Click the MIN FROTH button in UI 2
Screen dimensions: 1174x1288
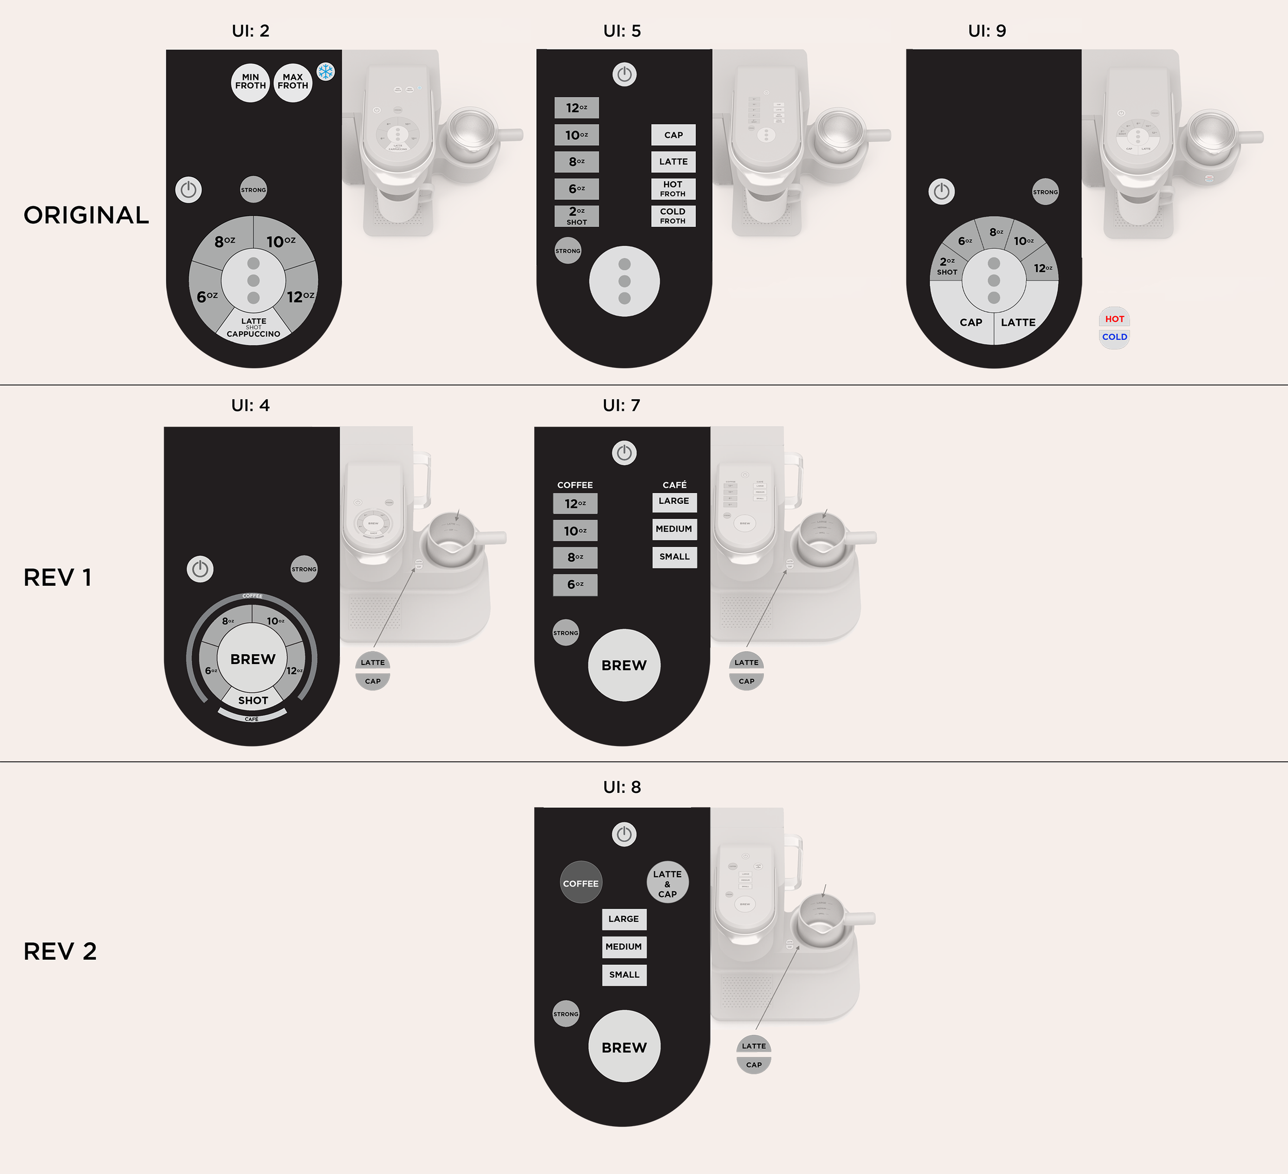click(250, 82)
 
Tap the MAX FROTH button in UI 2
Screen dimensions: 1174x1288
click(293, 82)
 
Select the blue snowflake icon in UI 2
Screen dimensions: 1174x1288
click(326, 72)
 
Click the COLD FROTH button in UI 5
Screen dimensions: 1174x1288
click(673, 216)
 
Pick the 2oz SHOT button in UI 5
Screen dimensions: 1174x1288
click(577, 216)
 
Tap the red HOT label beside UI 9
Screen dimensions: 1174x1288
click(1114, 319)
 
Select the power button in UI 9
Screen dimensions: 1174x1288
click(941, 192)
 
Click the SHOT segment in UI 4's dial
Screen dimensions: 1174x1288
click(253, 700)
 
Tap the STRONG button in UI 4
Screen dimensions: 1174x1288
click(303, 569)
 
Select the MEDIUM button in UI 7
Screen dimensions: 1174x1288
click(674, 529)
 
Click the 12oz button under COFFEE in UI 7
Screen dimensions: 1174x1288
click(575, 503)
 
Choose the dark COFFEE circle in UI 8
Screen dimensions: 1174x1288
click(580, 883)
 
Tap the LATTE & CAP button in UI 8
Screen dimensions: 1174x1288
click(667, 883)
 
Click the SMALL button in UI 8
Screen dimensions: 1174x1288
click(624, 975)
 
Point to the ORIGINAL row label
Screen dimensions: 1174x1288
click(86, 215)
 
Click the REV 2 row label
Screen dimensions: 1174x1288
click(60, 951)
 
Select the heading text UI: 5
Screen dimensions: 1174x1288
click(622, 31)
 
